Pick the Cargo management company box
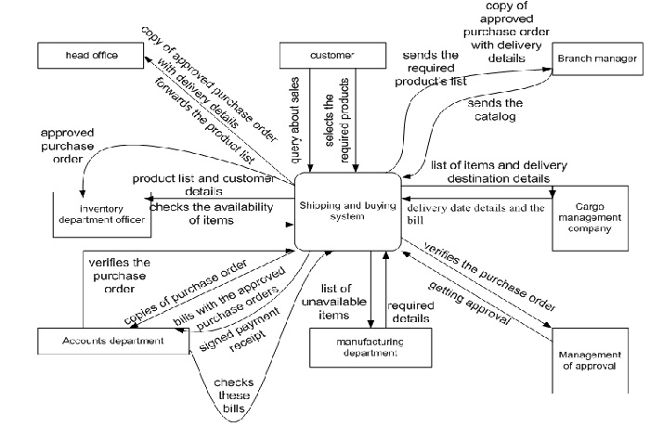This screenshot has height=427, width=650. coord(591,221)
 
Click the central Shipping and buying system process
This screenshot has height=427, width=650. coord(347,212)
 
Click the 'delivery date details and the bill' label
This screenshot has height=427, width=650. coord(474,213)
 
